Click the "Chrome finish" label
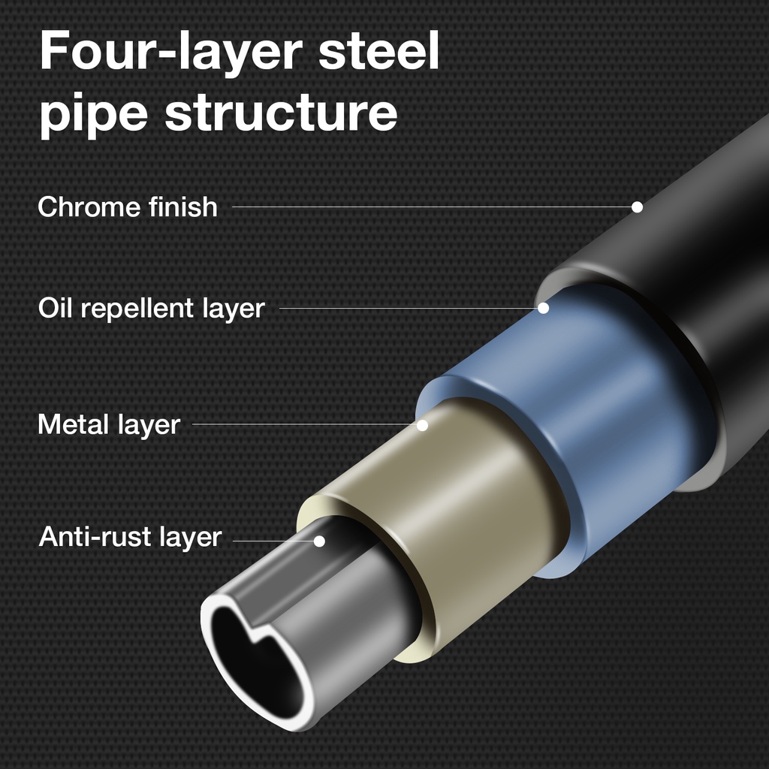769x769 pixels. (128, 207)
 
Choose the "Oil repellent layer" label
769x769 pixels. (151, 308)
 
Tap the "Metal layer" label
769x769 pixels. (109, 425)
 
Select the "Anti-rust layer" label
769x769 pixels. (130, 538)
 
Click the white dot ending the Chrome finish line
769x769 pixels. (637, 207)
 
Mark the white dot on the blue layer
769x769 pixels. (543, 308)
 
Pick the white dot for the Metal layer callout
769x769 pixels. (422, 425)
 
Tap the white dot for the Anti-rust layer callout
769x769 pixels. (319, 541)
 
